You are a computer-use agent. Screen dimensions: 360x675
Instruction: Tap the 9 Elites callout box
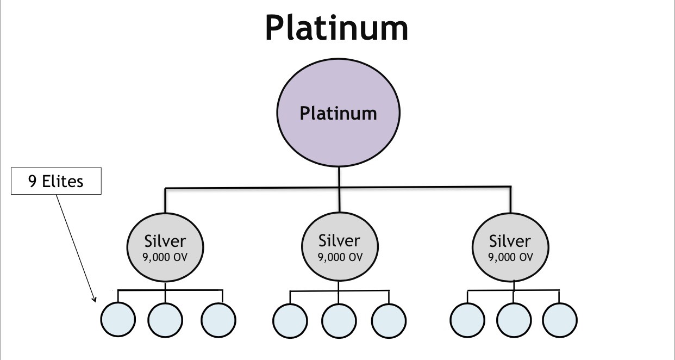[x=57, y=181]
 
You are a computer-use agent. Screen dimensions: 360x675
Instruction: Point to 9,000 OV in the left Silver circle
[x=165, y=257]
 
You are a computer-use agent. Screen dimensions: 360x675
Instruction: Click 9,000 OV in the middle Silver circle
[x=340, y=257]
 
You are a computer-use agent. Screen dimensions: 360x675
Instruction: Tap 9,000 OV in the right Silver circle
[x=510, y=257]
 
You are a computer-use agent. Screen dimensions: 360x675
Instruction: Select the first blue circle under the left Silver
[x=117, y=319]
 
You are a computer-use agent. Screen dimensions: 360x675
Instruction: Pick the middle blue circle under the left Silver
[x=165, y=319]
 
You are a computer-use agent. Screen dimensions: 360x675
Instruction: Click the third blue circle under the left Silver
[x=218, y=320]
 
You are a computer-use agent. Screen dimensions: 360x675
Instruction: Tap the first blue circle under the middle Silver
[x=290, y=320]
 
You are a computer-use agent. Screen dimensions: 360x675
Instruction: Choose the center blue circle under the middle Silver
[x=338, y=320]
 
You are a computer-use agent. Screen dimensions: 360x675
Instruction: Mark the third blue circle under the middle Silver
[x=389, y=320]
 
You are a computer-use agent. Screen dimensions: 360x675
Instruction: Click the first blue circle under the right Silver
[x=467, y=319]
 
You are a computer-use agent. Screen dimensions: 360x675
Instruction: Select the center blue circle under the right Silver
[x=514, y=319]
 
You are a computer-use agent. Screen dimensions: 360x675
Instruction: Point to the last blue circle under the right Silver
[x=559, y=319]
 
